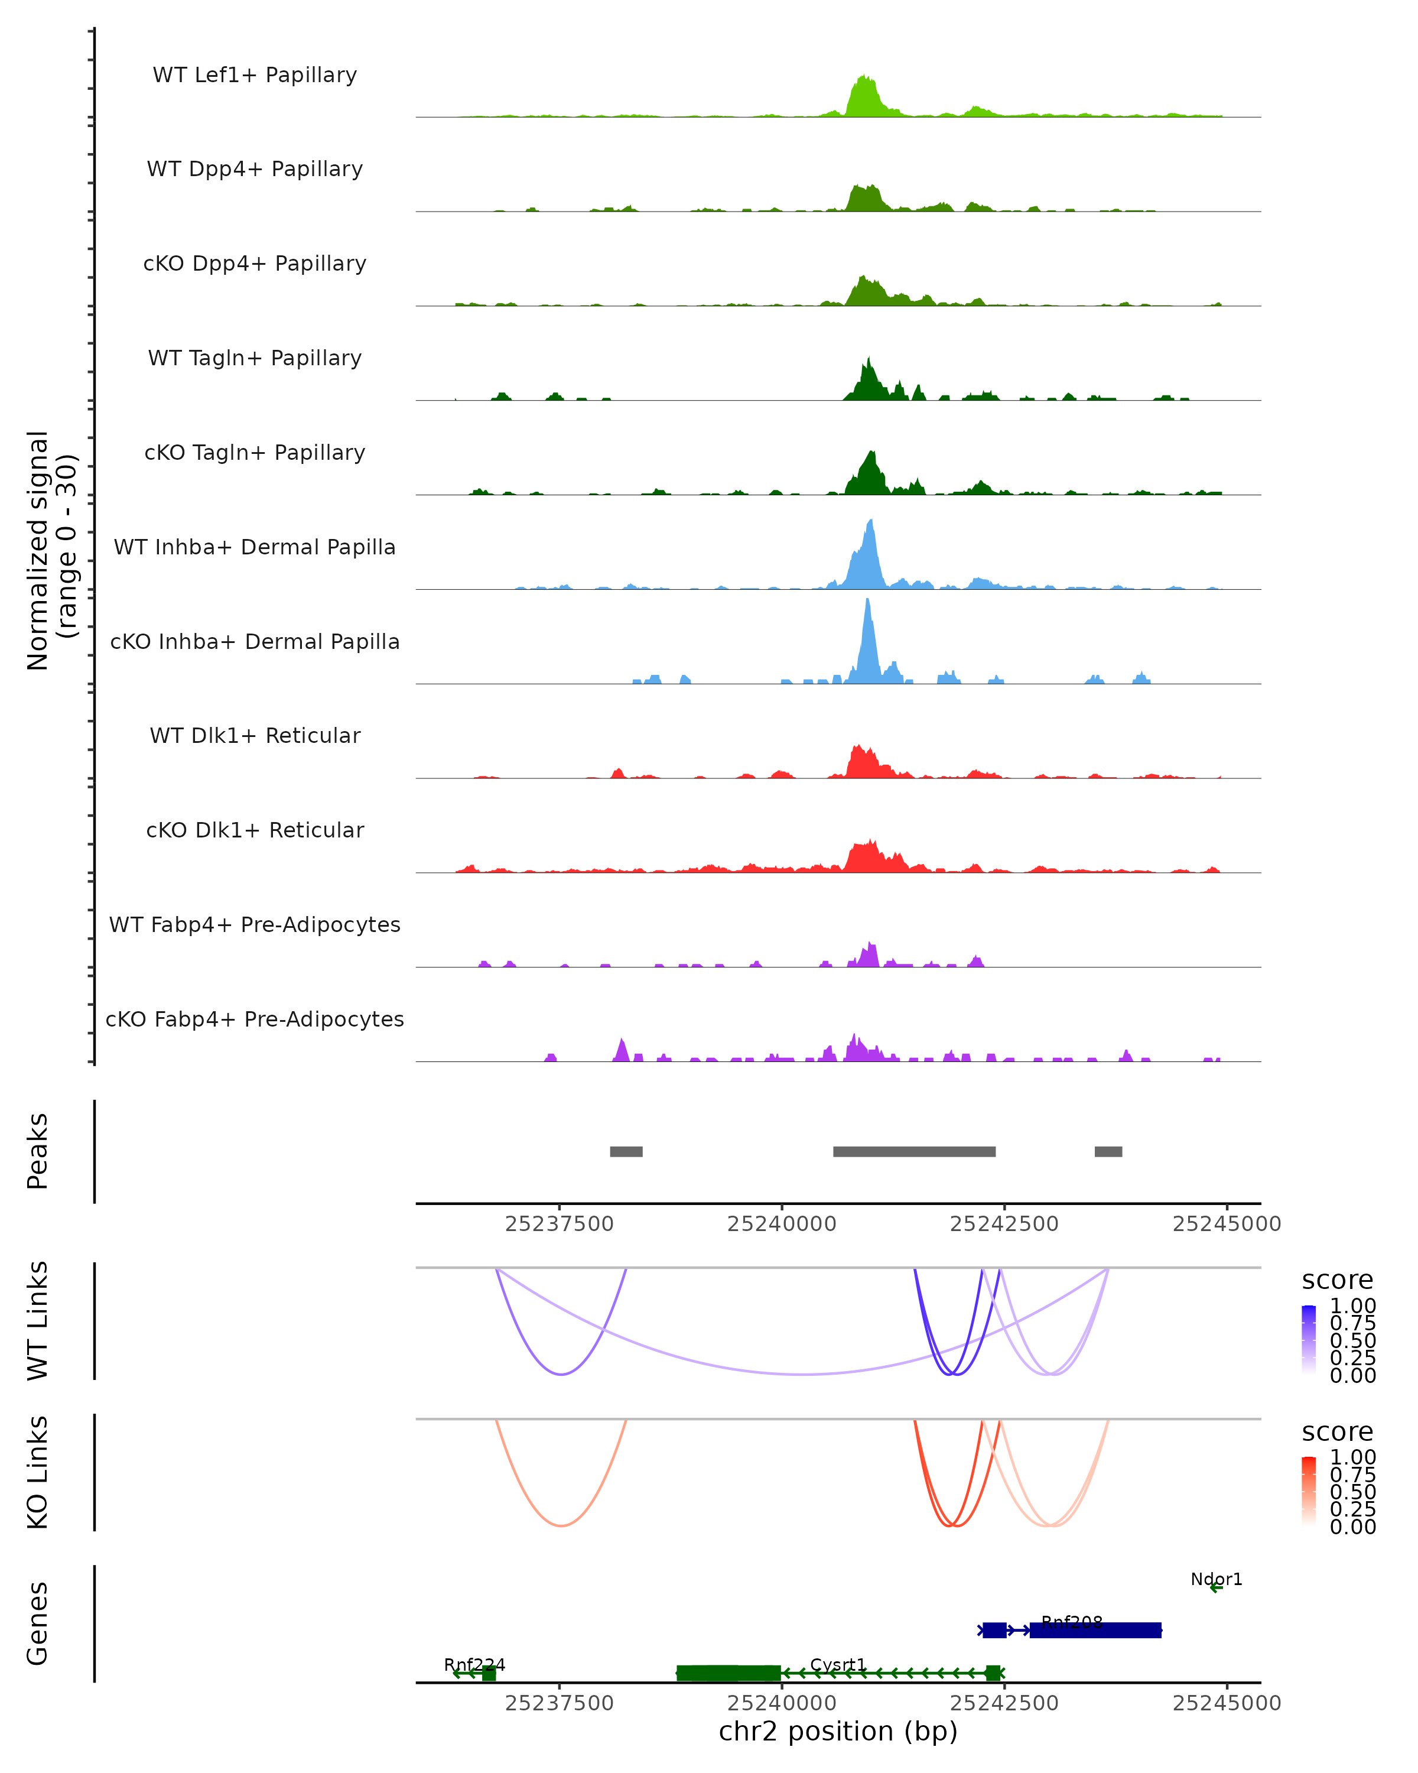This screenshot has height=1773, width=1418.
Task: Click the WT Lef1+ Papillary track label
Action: [255, 75]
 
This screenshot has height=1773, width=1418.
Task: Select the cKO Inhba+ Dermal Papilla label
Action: [255, 641]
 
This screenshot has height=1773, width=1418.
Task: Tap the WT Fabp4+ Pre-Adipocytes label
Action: [255, 924]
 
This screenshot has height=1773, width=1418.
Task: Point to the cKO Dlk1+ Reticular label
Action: [255, 830]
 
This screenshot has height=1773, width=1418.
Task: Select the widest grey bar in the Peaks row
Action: [914, 1151]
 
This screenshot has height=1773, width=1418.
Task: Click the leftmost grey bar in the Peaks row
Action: [626, 1151]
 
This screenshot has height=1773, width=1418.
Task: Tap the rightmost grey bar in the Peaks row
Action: [1108, 1151]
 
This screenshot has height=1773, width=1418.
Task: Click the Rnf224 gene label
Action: [474, 1664]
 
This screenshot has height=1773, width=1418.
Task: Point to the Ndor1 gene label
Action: [1216, 1579]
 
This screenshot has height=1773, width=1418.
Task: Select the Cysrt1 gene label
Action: [838, 1664]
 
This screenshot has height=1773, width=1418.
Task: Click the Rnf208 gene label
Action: [1071, 1622]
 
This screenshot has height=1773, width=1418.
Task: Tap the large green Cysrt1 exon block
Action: [728, 1673]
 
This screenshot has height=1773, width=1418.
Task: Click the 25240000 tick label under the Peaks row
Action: [781, 1224]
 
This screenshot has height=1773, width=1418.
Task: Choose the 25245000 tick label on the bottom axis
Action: [1227, 1703]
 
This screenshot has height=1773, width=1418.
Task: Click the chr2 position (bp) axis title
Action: [838, 1731]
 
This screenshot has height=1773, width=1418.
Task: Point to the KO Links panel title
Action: [38, 1472]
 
